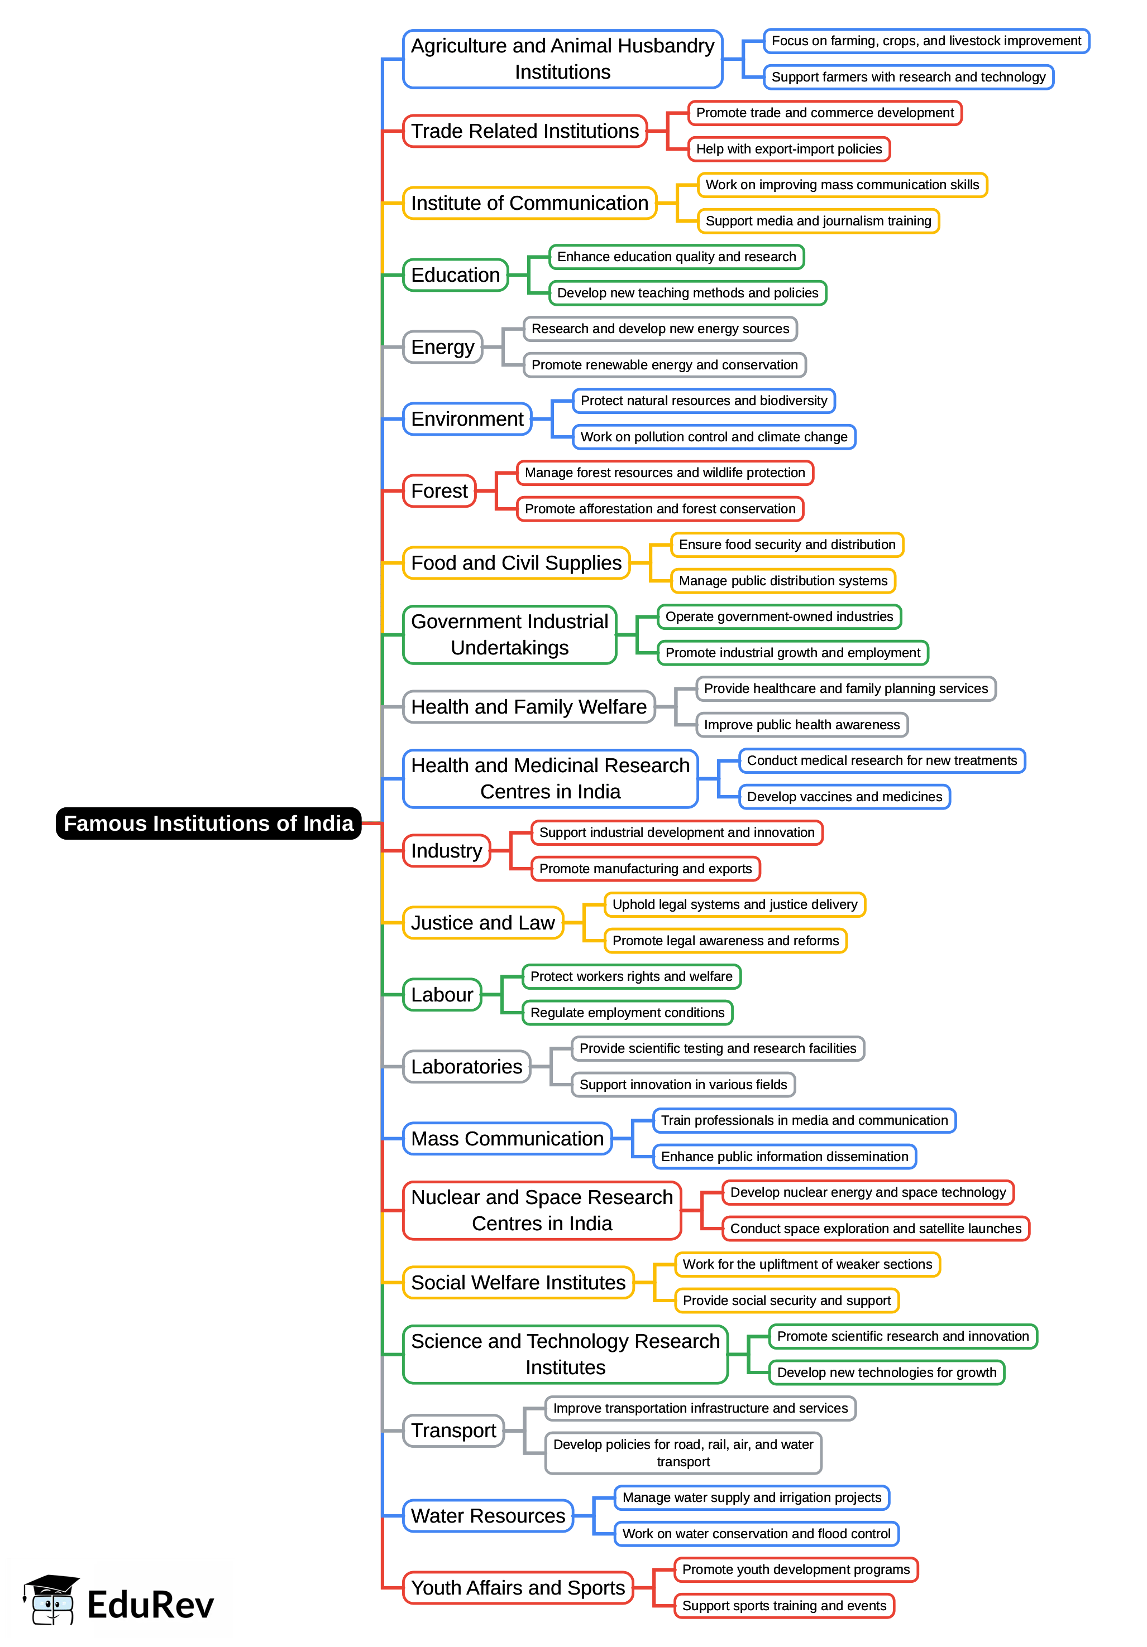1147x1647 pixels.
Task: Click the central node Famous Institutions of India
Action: click(x=208, y=823)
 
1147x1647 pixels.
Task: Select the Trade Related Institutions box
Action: click(x=525, y=131)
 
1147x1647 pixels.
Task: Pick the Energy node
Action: click(x=442, y=347)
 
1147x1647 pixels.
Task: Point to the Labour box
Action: click(x=441, y=995)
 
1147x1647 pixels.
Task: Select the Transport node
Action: click(x=453, y=1431)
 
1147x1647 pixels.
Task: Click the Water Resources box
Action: click(x=488, y=1516)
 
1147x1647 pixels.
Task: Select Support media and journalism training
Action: click(x=818, y=221)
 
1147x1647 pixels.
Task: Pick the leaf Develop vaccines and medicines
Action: click(x=844, y=796)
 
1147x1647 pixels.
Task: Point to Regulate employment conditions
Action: click(x=627, y=1012)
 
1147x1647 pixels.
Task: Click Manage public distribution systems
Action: click(x=783, y=580)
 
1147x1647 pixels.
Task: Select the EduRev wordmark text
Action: click(x=150, y=1605)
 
